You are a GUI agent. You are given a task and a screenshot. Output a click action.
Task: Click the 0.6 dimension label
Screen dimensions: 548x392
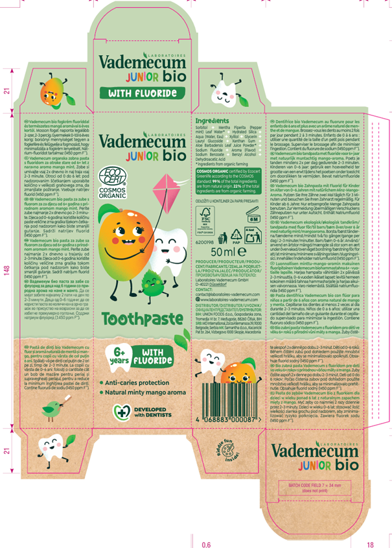tap(207, 543)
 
